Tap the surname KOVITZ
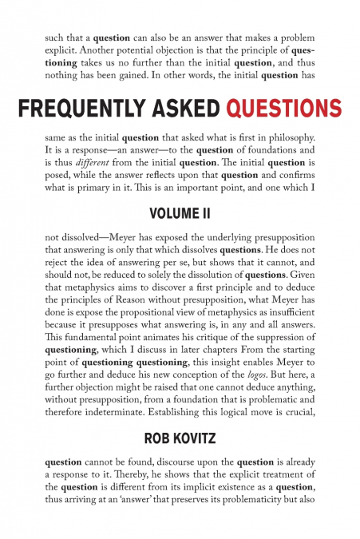pos(194,438)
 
